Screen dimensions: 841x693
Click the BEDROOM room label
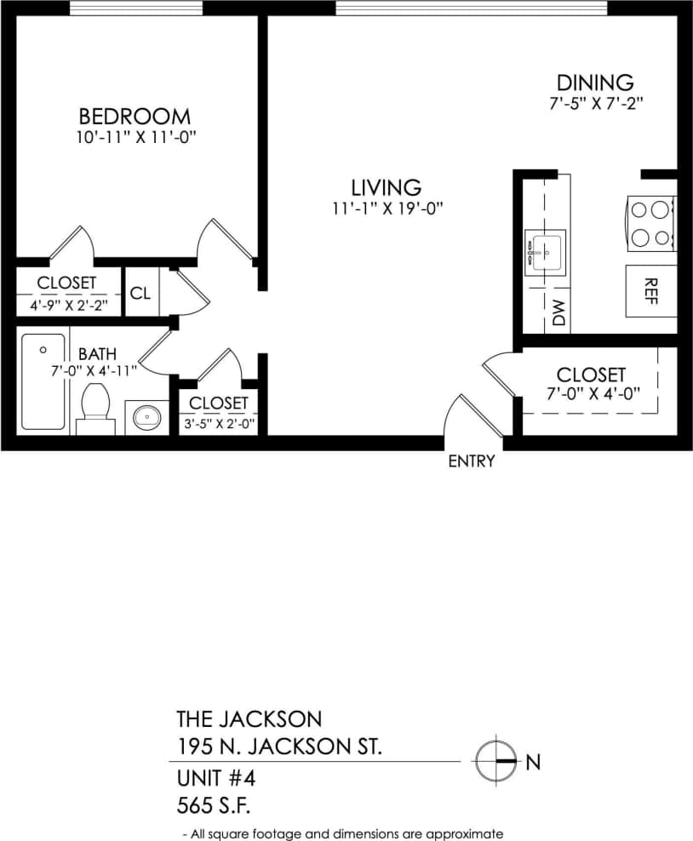tap(135, 116)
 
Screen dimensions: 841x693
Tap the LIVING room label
tap(386, 186)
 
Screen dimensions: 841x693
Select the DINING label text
tap(595, 83)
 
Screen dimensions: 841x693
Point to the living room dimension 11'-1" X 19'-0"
tap(389, 209)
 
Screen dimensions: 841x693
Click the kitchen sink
tap(545, 252)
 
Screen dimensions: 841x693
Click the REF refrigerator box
tap(651, 291)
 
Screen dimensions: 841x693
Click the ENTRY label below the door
tap(471, 461)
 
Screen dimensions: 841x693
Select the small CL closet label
tap(140, 293)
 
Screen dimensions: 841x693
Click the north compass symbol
tap(495, 760)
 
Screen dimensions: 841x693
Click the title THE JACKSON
tap(249, 720)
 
